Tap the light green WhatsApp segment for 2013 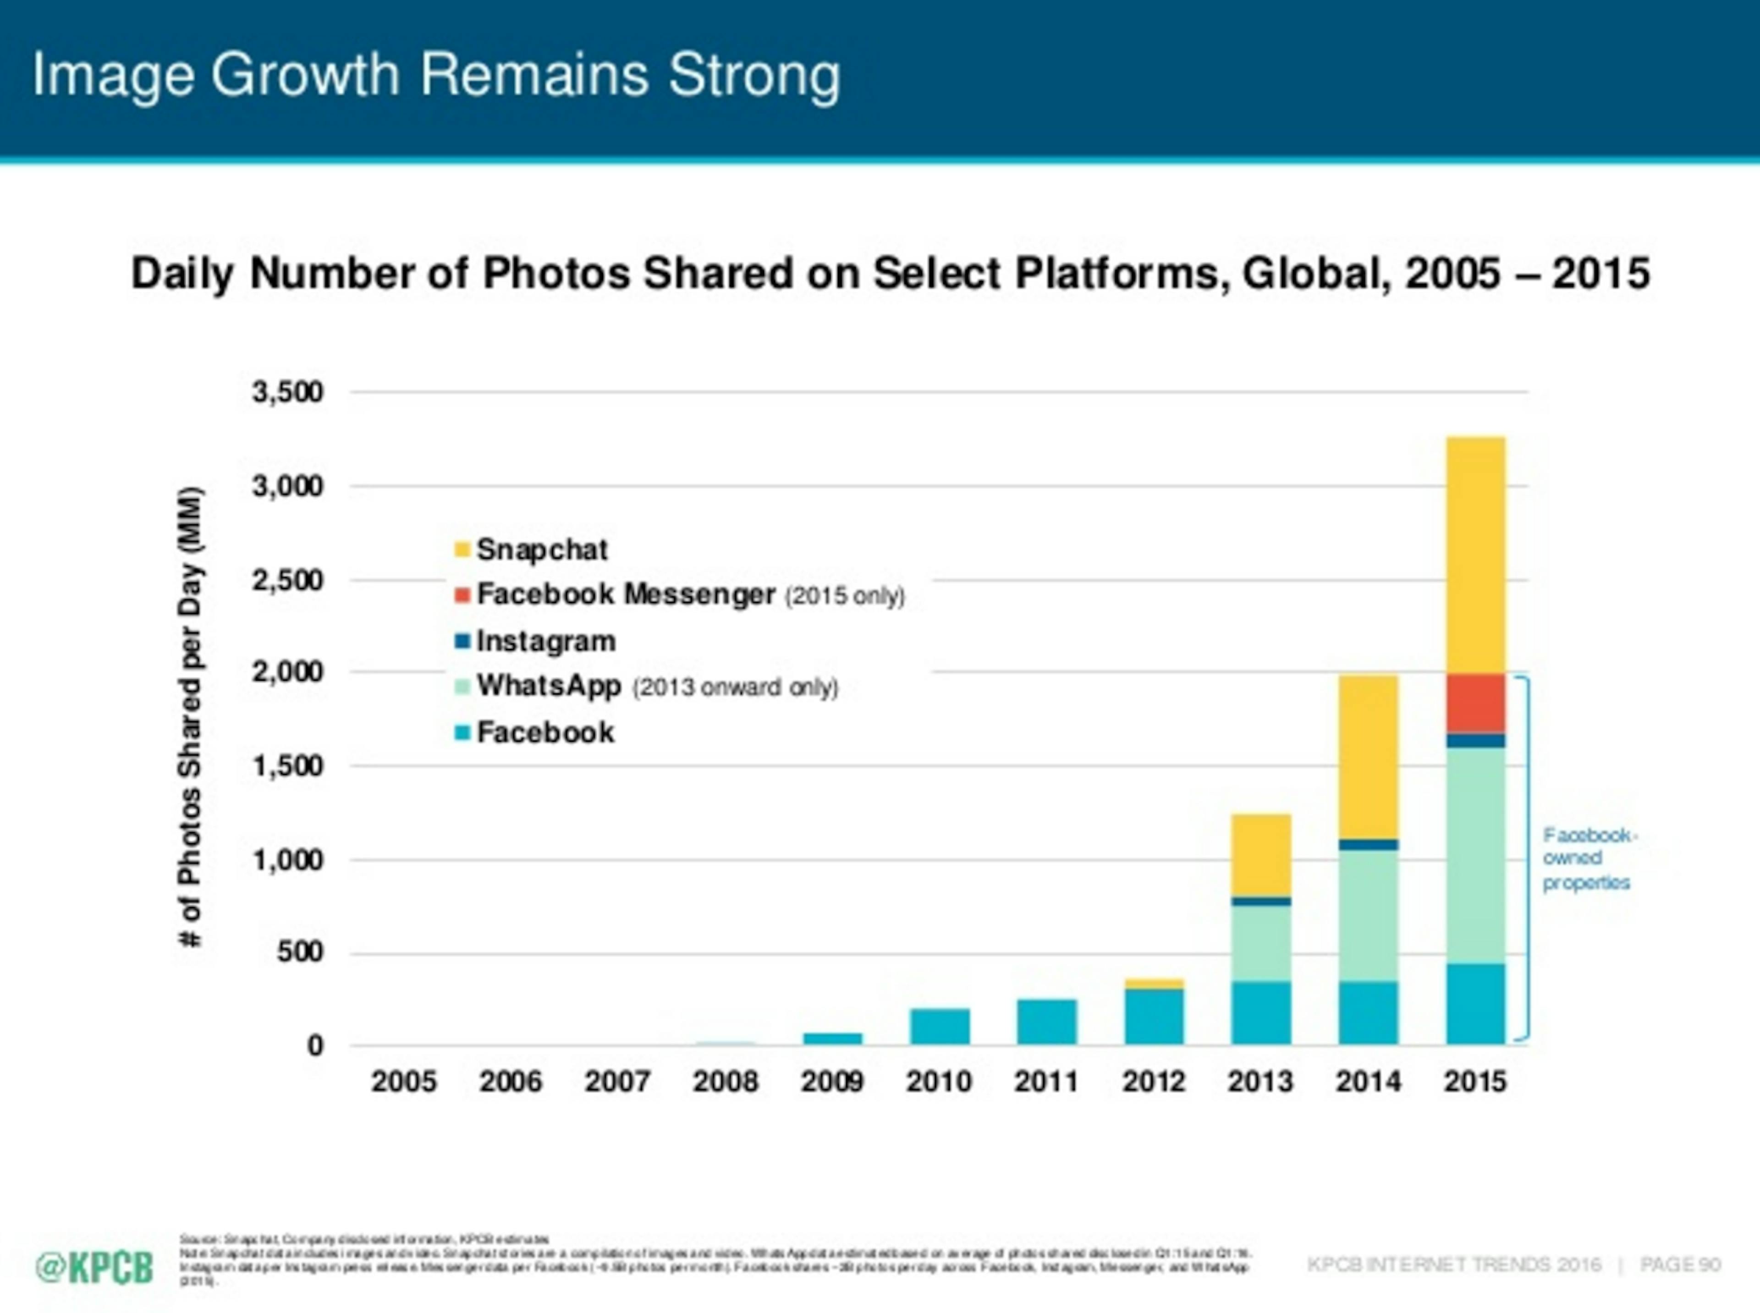coord(1261,944)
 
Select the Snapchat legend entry coord(531,549)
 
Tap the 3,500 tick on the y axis coord(288,392)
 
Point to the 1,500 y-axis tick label coord(288,766)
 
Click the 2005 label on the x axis coord(404,1082)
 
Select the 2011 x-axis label coord(1046,1082)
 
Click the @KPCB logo coord(94,1268)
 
